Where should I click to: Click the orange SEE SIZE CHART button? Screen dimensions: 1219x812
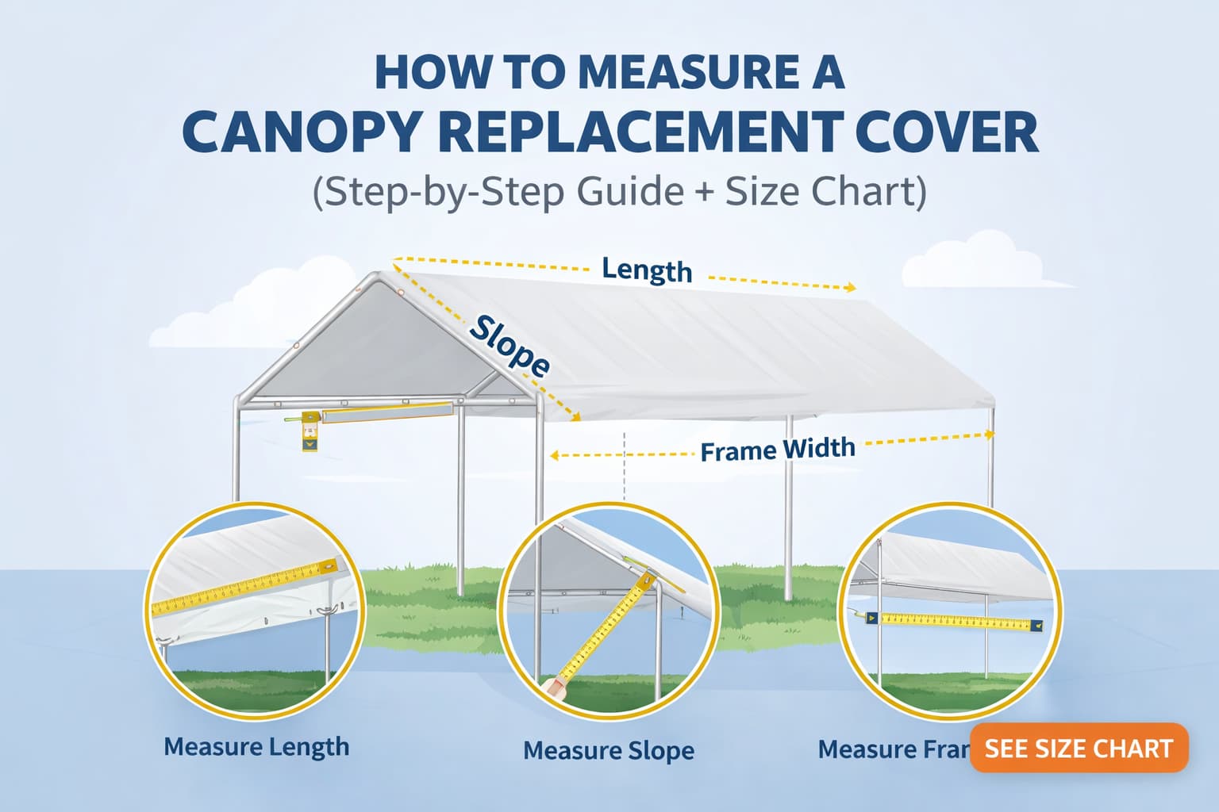pyautogui.click(x=1079, y=748)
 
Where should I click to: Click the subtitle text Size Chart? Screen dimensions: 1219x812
pyautogui.click(x=825, y=193)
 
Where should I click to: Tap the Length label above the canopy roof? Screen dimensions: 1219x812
pyautogui.click(x=647, y=270)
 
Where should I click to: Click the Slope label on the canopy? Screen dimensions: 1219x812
pyautogui.click(x=509, y=346)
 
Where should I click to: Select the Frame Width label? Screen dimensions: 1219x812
pyautogui.click(x=778, y=450)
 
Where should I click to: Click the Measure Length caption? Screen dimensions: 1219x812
pyautogui.click(x=256, y=747)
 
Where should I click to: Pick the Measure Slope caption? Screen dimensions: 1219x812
pyautogui.click(x=609, y=750)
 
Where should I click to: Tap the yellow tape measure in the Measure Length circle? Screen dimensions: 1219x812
pyautogui.click(x=246, y=588)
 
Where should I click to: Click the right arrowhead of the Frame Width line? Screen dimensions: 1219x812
pyautogui.click(x=989, y=434)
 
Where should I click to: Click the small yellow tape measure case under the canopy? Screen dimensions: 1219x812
pyautogui.click(x=310, y=432)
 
